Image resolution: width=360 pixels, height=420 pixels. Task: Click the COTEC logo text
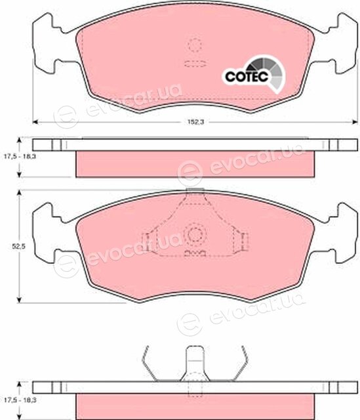tap(247, 76)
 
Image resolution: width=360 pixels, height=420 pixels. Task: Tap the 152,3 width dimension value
tap(195, 122)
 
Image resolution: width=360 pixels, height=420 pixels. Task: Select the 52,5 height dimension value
tap(18, 246)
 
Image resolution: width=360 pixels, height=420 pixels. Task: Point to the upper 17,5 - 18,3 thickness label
tap(20, 156)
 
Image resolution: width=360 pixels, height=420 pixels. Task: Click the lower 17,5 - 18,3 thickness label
tap(20, 400)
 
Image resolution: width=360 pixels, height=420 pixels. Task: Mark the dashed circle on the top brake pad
tap(195, 45)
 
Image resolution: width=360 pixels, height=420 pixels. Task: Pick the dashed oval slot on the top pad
tap(195, 64)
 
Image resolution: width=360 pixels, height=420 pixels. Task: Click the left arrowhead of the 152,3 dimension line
tap(35, 122)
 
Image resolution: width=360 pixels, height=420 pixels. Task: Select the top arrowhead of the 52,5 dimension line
tap(19, 193)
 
